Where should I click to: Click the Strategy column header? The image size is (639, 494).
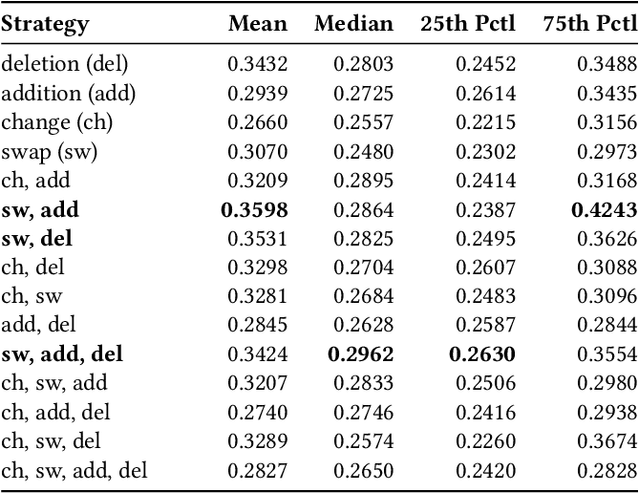pos(45,24)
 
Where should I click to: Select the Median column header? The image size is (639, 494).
pos(353,24)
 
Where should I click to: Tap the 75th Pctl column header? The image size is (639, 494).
pos(588,24)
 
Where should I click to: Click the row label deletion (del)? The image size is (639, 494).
pos(66,65)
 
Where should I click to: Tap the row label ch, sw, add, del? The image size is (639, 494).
pos(74,470)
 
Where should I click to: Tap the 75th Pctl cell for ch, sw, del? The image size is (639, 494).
pos(606,441)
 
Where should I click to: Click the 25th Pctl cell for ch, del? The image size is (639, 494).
pos(487,267)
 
